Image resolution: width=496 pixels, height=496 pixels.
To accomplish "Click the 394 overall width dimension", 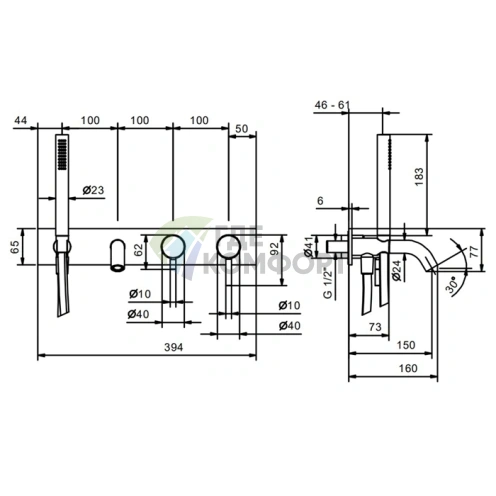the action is point(174,347).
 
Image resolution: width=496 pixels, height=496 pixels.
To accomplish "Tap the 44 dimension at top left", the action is point(21,120).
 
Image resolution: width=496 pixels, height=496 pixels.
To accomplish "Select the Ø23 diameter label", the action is point(93,190).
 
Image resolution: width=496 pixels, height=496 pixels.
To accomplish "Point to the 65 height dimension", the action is point(15,247).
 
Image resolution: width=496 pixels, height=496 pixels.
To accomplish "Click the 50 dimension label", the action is point(242,129).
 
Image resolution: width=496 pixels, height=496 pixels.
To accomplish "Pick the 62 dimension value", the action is point(138,250).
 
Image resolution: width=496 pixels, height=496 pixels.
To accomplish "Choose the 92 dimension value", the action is point(275,248).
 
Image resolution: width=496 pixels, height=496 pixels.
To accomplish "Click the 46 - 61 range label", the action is point(332,105).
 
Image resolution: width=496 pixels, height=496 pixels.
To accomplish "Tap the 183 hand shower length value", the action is point(420,177).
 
